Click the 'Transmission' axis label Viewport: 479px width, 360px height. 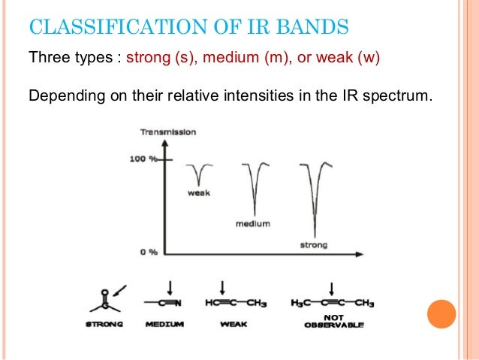point(168,132)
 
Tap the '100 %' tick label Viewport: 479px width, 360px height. point(146,160)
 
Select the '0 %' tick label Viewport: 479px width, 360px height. point(149,252)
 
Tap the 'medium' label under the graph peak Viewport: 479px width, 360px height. point(253,224)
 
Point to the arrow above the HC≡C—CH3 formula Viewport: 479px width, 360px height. point(222,286)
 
